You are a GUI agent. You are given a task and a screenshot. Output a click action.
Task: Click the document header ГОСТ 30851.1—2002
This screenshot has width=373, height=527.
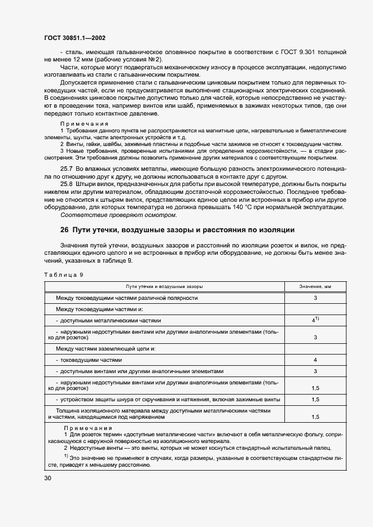click(74, 38)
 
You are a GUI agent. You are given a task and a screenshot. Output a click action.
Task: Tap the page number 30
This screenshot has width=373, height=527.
click(47, 478)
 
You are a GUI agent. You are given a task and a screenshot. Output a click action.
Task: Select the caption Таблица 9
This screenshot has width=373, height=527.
click(63, 274)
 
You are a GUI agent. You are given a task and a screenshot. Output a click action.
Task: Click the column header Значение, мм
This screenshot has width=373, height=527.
click(315, 287)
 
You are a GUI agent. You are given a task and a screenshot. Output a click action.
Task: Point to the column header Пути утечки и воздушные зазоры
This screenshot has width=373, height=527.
click(164, 287)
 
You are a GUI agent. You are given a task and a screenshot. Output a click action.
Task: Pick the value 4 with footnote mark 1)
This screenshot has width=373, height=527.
click(315, 320)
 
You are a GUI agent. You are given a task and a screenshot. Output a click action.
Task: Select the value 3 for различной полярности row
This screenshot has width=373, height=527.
click(315, 298)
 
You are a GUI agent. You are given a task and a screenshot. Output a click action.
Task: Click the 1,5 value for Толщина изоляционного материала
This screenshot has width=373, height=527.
click(315, 417)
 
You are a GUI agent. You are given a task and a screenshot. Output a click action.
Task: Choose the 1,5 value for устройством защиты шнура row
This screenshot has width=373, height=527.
click(315, 400)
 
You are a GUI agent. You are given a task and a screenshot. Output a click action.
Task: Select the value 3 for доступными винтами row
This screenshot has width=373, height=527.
click(315, 371)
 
